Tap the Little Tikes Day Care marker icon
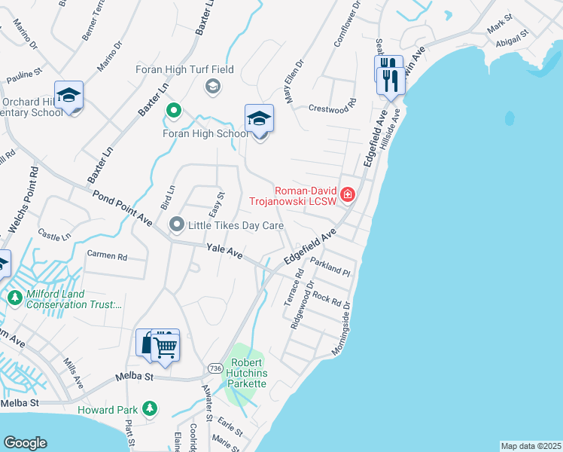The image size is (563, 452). [x=177, y=224]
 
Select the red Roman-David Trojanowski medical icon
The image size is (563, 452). [x=347, y=195]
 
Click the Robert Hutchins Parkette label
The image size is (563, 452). [x=244, y=373]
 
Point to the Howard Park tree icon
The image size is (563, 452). [x=151, y=409]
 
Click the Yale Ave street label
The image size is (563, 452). [x=224, y=251]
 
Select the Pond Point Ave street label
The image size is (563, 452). [x=123, y=208]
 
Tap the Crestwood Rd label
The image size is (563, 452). [x=331, y=108]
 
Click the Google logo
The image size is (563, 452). [x=25, y=442]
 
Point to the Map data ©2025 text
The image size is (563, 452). [x=530, y=446]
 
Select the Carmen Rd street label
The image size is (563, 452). [x=108, y=255]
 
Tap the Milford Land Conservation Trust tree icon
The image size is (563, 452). [x=14, y=298]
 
